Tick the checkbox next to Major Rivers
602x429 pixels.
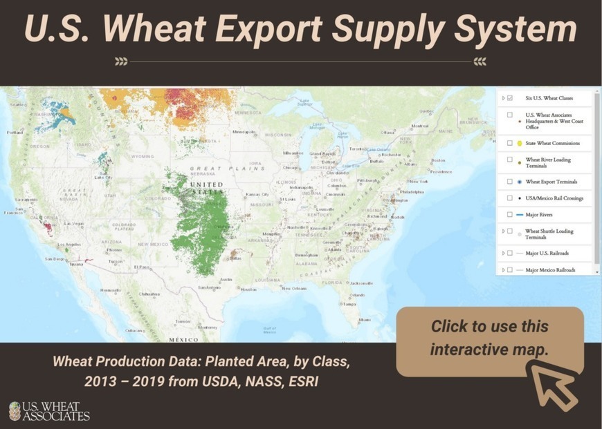(510, 214)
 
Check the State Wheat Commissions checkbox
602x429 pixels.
(510, 143)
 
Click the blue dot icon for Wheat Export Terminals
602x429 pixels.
(519, 182)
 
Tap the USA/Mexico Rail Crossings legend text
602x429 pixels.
(554, 198)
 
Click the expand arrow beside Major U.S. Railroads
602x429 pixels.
(503, 253)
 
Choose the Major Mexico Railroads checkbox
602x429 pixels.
(510, 269)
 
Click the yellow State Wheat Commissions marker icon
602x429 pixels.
(519, 143)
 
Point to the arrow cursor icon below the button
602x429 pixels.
(554, 383)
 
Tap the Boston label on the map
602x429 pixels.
(437, 160)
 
